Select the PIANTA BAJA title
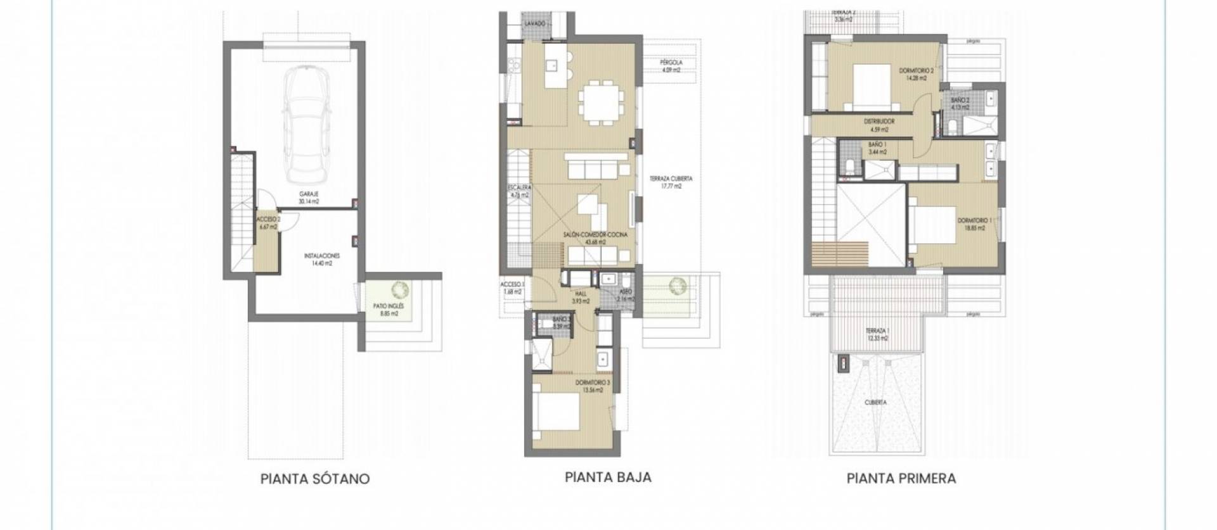[x=608, y=477]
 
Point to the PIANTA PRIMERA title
[x=901, y=479]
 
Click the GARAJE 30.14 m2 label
[x=309, y=198]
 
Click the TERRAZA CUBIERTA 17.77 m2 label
[x=670, y=182]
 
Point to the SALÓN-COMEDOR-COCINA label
[x=595, y=238]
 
